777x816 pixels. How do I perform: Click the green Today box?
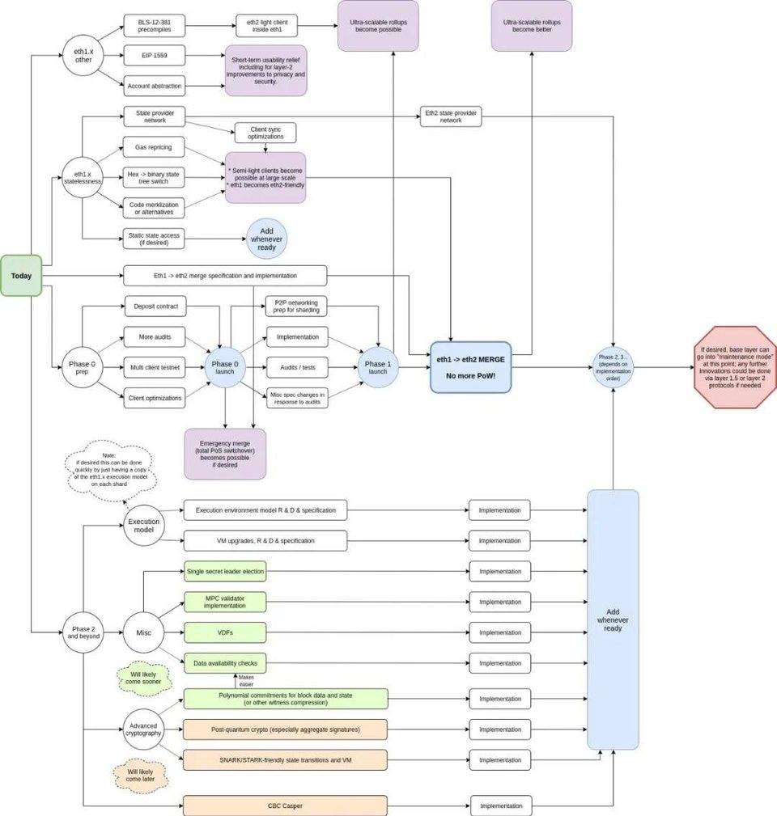22,276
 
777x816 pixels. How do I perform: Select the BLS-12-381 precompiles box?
154,25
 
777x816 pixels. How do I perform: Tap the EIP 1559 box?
154,55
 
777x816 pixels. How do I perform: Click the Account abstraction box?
154,85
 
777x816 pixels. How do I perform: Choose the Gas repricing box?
154,147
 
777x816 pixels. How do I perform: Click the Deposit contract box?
154,307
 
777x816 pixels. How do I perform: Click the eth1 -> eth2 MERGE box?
471,366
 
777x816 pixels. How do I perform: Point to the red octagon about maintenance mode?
735,367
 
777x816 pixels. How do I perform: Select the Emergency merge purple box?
225,454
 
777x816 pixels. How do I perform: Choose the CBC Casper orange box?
285,805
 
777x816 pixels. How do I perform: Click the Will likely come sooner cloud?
144,676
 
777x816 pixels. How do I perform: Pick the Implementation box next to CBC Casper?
501,805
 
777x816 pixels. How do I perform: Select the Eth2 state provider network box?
451,116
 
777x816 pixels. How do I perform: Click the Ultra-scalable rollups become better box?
532,25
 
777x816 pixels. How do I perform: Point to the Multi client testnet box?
154,367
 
